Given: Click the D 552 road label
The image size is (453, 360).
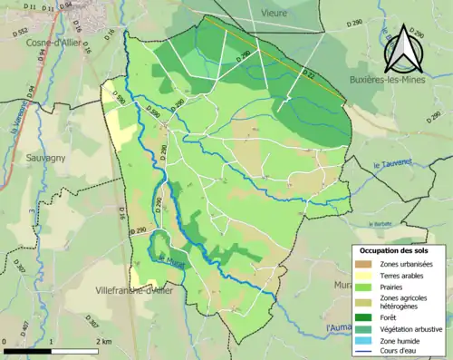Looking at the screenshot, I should (20, 32).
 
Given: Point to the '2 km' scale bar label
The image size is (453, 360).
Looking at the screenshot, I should (105, 341).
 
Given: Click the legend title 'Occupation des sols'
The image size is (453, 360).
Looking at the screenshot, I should (400, 250).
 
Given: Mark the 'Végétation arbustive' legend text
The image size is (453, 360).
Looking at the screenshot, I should (413, 327).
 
